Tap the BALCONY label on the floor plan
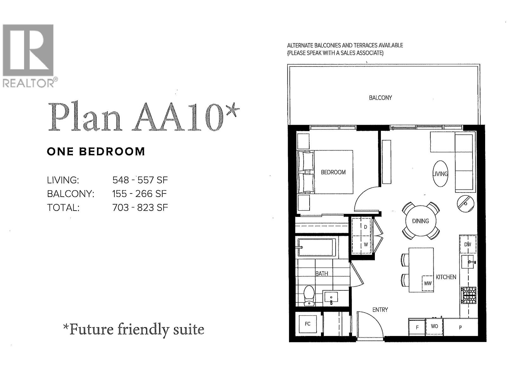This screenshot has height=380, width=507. pyautogui.click(x=380, y=98)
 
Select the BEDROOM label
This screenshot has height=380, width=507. pyautogui.click(x=333, y=172)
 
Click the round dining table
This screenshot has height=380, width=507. pyautogui.click(x=420, y=221)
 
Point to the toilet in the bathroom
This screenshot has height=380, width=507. pyautogui.click(x=309, y=296)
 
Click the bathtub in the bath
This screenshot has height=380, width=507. pyautogui.click(x=317, y=247)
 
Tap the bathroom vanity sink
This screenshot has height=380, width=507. pyautogui.click(x=331, y=298)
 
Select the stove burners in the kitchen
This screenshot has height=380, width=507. pyautogui.click(x=469, y=295)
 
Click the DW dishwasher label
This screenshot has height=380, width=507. pyautogui.click(x=468, y=244)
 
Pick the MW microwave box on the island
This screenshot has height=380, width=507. pyautogui.click(x=427, y=283)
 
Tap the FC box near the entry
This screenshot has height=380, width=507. pyautogui.click(x=308, y=324)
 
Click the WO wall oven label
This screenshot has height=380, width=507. pyautogui.click(x=434, y=326)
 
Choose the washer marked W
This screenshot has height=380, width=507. pyautogui.click(x=366, y=244)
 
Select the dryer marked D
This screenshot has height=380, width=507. pyautogui.click(x=366, y=227)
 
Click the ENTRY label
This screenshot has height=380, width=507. pyautogui.click(x=380, y=310)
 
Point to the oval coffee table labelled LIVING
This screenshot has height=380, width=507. pyautogui.click(x=440, y=174)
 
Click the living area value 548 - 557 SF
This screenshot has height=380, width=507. pyautogui.click(x=140, y=180)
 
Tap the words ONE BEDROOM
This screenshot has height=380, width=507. pyautogui.click(x=96, y=152)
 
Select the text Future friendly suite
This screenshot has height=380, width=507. pyautogui.click(x=133, y=330)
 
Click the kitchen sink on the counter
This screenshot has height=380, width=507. pyautogui.click(x=467, y=262)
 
